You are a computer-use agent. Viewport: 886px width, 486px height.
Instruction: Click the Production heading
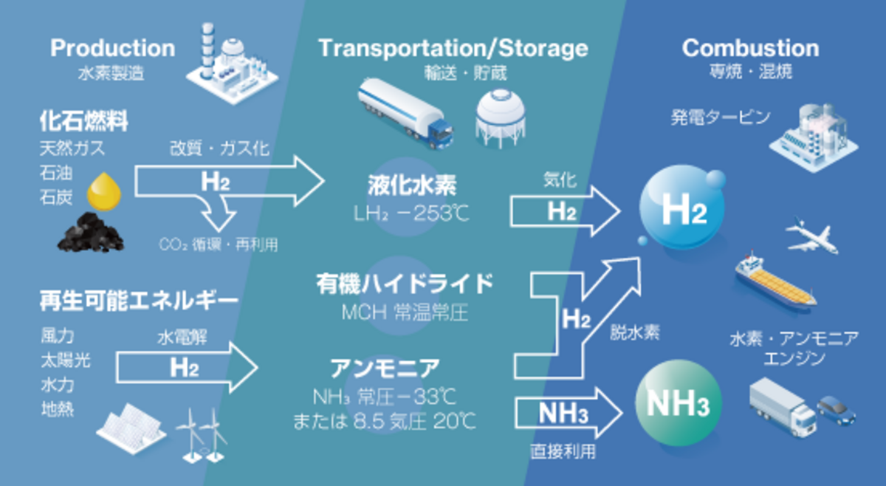point(113,49)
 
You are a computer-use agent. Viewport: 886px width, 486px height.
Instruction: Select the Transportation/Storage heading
point(453,49)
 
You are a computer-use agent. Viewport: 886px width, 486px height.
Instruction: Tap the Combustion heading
point(750,49)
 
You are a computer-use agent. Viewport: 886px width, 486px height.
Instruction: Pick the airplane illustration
point(813,235)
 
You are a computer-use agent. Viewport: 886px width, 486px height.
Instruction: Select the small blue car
point(837,408)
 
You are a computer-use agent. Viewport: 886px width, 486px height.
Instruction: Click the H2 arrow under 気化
point(565,211)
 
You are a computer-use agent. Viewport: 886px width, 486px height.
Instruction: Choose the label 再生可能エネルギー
point(140,301)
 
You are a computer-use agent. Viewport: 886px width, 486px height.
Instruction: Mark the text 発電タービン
point(721,117)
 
